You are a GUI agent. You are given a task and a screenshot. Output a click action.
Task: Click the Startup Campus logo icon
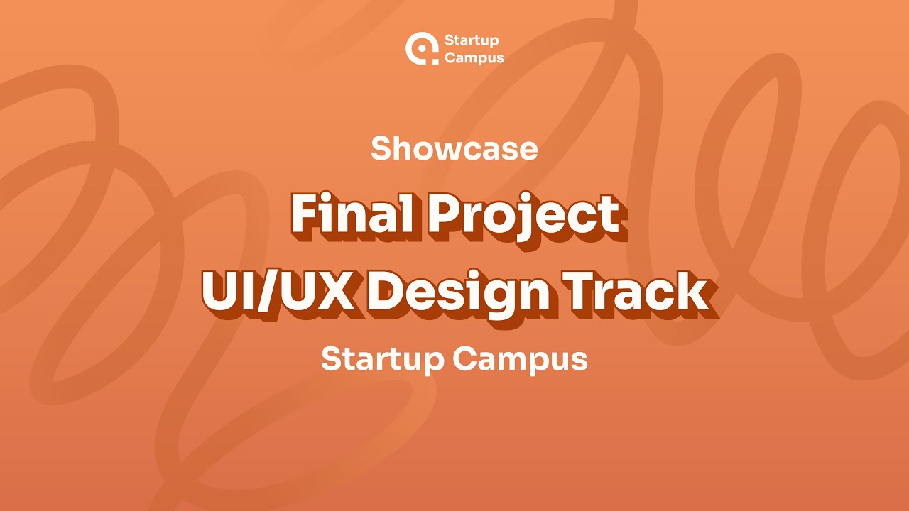(422, 48)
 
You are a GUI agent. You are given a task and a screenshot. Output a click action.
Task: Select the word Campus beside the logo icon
(474, 57)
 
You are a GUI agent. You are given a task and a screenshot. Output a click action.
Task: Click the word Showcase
(454, 148)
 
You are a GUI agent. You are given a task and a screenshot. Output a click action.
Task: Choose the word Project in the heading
(523, 215)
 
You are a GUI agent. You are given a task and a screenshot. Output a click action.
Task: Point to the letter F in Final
(304, 214)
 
